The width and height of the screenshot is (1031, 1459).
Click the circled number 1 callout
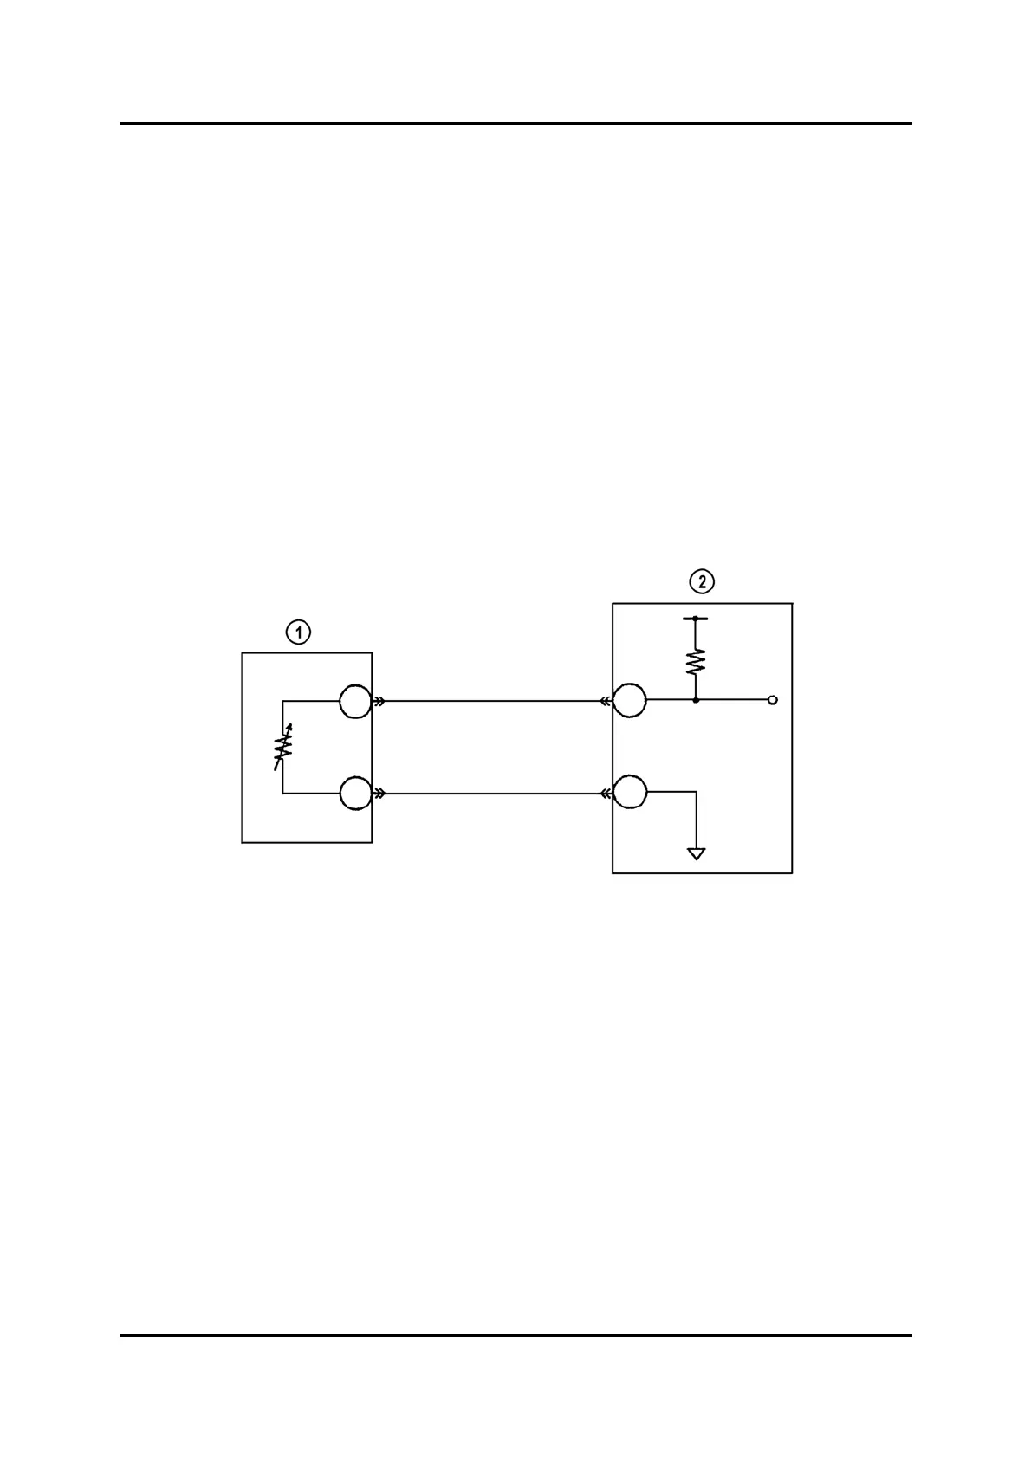(x=298, y=633)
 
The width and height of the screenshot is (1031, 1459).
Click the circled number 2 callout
(x=701, y=581)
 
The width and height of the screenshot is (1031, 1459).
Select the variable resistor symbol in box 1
(x=282, y=745)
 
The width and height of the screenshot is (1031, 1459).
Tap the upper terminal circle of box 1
(x=355, y=701)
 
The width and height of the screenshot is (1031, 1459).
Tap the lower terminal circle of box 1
(x=355, y=793)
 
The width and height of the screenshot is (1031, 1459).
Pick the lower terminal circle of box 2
(x=629, y=793)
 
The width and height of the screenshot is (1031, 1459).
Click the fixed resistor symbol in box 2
(x=696, y=662)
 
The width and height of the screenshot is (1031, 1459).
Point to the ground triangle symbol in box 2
(x=696, y=853)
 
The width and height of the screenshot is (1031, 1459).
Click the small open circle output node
(x=773, y=700)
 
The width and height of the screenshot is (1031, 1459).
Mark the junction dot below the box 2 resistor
(x=696, y=700)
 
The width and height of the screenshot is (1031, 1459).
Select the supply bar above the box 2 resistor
(x=696, y=619)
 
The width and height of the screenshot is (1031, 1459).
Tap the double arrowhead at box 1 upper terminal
(x=379, y=701)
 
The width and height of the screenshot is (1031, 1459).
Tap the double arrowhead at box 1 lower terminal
(x=379, y=793)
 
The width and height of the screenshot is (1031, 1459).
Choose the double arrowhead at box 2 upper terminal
(x=606, y=701)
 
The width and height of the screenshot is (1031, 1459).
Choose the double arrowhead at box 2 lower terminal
(x=606, y=793)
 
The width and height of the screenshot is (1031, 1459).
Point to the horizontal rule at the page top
(x=515, y=124)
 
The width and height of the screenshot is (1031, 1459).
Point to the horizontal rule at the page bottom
(x=515, y=1335)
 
